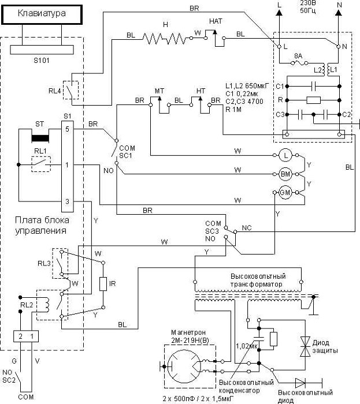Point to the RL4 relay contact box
[x=71, y=90]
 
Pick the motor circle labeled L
[x=285, y=156]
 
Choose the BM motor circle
[x=285, y=173]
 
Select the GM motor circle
[x=285, y=193]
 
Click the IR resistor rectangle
[x=103, y=284]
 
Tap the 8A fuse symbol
[x=298, y=63]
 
